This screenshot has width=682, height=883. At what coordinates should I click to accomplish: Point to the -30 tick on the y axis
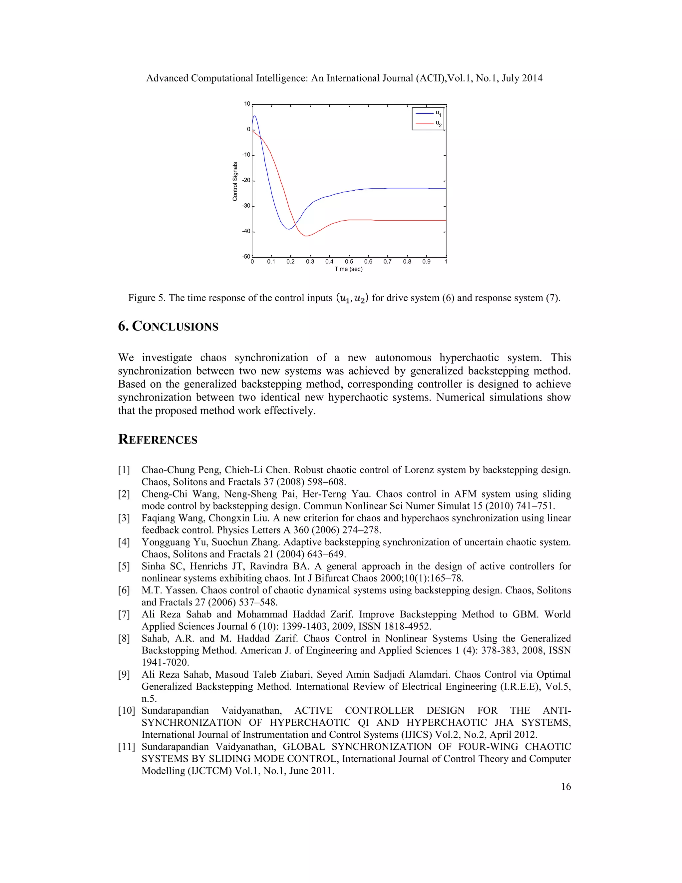tap(246, 206)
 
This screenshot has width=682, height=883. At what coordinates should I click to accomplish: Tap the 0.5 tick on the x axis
tap(349, 262)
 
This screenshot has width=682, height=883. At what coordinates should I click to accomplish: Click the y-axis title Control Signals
tap(235, 182)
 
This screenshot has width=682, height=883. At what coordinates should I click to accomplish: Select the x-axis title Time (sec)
tap(348, 269)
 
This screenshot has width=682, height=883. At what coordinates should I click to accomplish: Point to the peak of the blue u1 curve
tap(254, 116)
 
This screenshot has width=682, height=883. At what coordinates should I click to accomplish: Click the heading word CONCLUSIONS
tap(175, 326)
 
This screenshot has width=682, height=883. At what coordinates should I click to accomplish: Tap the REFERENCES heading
tap(158, 440)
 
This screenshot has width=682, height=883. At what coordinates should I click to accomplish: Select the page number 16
tap(566, 786)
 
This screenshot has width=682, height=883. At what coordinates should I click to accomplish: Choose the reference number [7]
tap(124, 614)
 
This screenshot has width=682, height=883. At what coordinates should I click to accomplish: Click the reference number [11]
tap(126, 747)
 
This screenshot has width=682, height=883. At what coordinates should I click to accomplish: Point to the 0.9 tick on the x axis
tap(426, 262)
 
